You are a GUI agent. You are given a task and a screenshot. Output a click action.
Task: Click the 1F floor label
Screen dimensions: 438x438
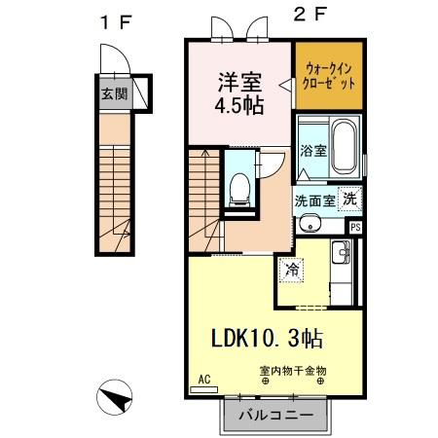(x=115, y=22)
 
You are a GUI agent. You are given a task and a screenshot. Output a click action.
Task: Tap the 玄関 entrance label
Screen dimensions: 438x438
(x=113, y=95)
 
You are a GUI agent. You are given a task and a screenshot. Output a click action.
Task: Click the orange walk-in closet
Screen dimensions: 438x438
(x=329, y=74)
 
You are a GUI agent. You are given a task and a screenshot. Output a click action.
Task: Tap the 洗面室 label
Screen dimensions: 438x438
(x=315, y=199)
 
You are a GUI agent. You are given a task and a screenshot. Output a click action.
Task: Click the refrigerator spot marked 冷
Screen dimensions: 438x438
(x=291, y=267)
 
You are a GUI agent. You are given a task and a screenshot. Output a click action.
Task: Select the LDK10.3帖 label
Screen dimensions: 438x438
(x=269, y=339)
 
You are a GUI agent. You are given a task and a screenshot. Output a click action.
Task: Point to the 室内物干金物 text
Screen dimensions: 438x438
(x=291, y=371)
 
